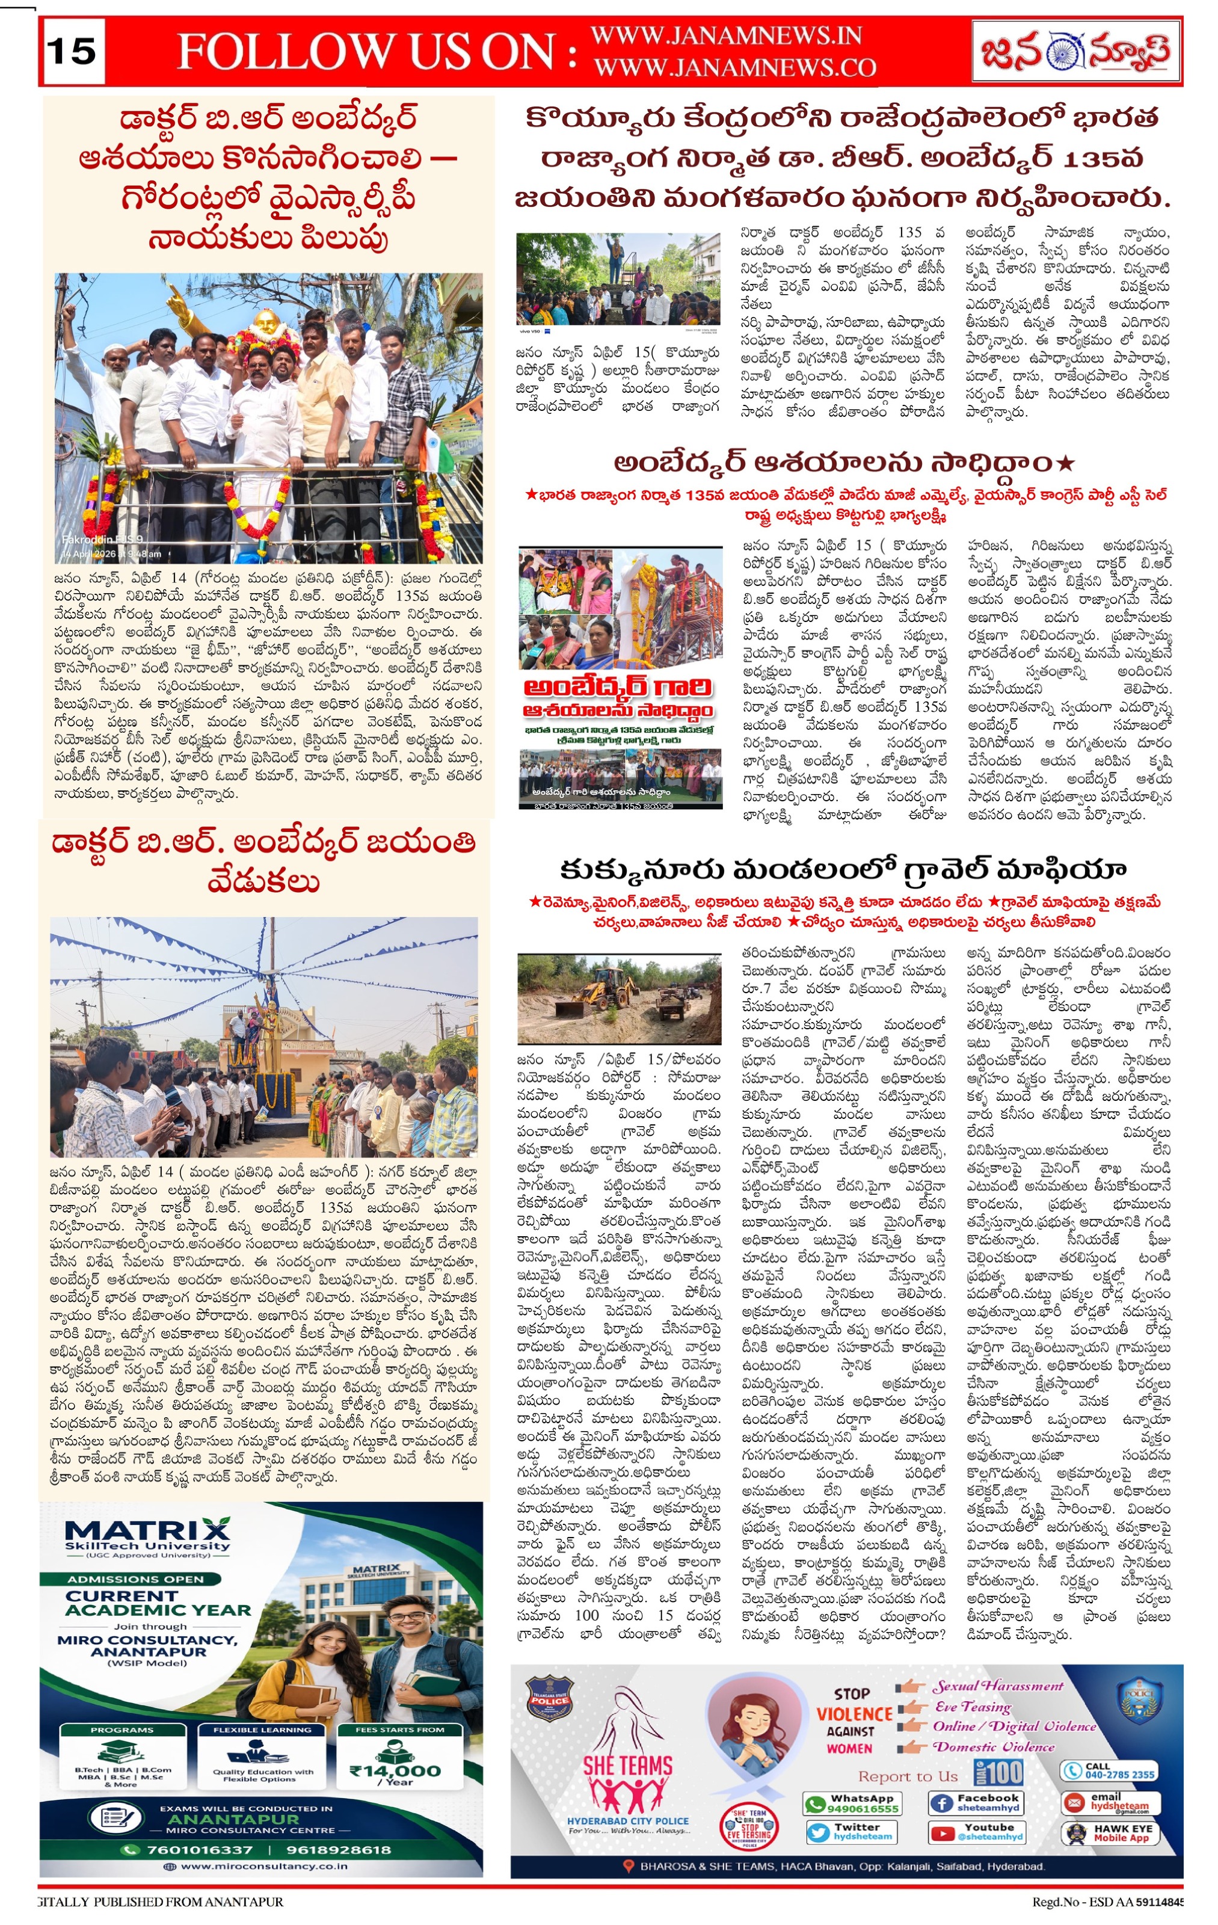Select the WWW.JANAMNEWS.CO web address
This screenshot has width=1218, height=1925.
click(x=734, y=68)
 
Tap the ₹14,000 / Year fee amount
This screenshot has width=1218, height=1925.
click(x=397, y=1772)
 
